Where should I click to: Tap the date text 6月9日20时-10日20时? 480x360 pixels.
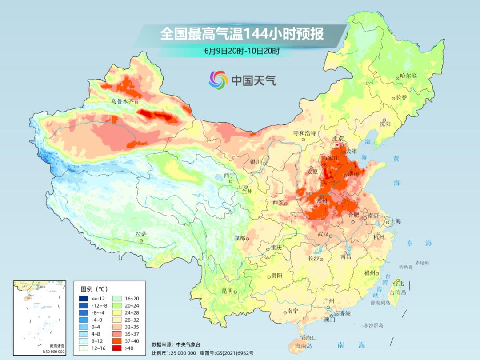coord(242,51)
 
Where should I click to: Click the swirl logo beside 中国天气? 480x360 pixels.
coord(219,80)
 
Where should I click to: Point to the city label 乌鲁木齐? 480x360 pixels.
coord(122,102)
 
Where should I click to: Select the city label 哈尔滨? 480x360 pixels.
coord(408,76)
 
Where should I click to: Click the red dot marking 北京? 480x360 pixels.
coord(337,145)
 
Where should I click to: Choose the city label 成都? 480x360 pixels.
coord(240,238)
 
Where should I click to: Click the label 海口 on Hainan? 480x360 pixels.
coord(312,338)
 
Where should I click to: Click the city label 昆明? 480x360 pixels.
coord(227,291)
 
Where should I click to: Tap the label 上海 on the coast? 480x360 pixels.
coord(396,221)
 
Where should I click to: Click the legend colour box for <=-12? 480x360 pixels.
coord(83,298)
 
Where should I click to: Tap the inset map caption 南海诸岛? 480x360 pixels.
coord(56,346)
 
